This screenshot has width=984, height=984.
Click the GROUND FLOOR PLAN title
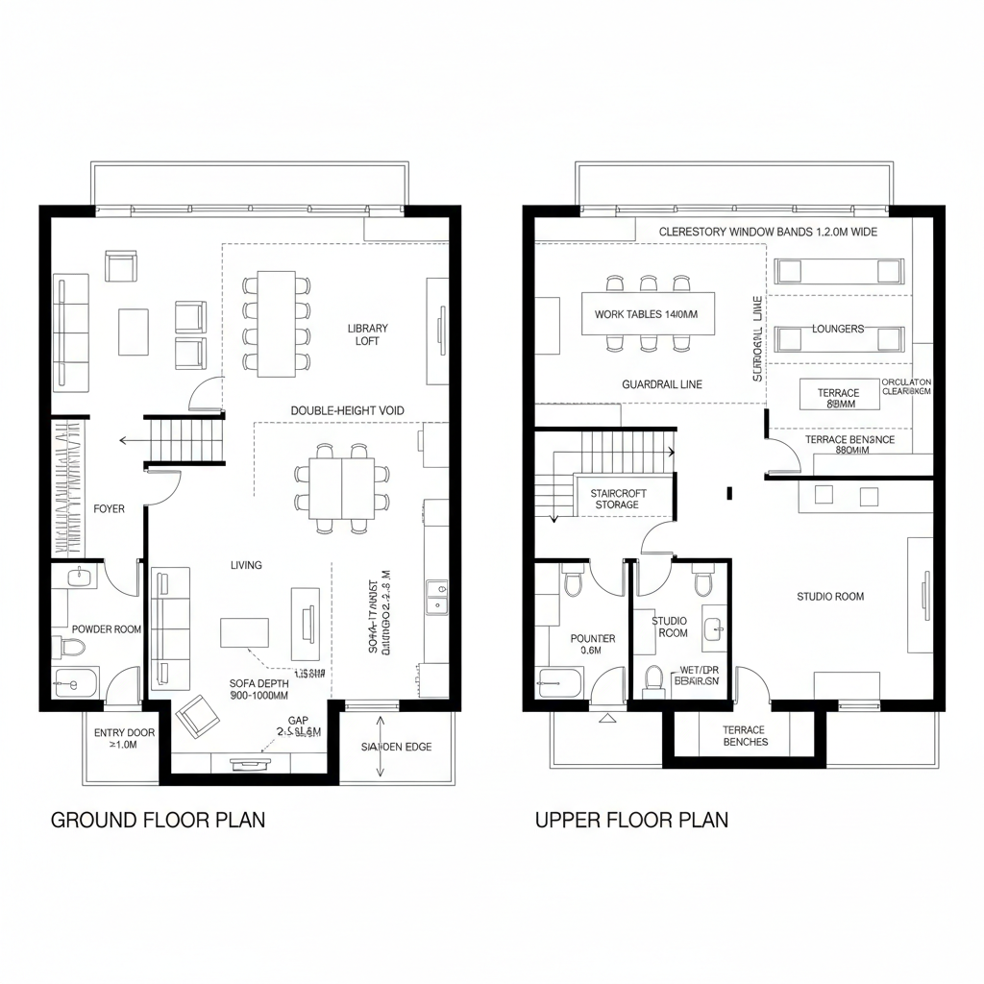click(158, 820)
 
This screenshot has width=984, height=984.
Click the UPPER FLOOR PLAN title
click(631, 820)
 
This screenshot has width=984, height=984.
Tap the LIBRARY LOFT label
click(368, 334)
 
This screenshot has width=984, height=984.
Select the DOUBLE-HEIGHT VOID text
click(347, 410)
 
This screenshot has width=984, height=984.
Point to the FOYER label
click(109, 508)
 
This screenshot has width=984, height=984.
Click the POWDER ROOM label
click(106, 629)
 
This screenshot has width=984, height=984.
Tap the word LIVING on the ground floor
click(246, 565)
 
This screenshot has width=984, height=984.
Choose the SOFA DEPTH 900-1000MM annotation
click(258, 689)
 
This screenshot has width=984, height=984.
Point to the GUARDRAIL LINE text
click(662, 384)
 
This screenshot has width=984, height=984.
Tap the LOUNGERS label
click(838, 329)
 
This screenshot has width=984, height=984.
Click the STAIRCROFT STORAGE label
click(618, 499)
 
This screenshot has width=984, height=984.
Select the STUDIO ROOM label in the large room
click(830, 597)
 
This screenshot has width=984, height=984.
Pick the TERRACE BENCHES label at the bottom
click(744, 736)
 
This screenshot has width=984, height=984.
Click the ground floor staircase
click(185, 440)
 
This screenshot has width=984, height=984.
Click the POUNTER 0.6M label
click(593, 644)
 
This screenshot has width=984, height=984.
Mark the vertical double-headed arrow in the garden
click(381, 746)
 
